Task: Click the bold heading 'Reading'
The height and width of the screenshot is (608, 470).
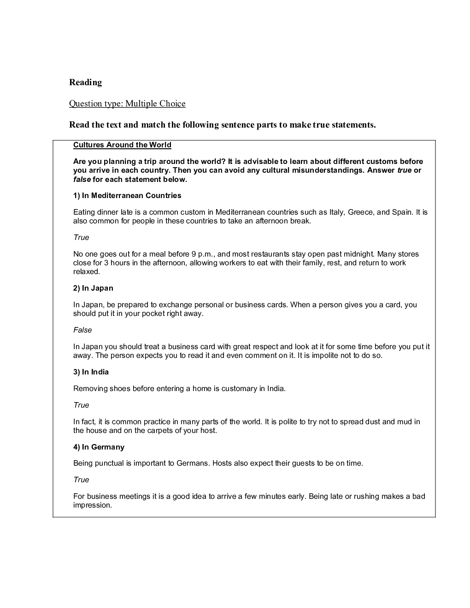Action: pyautogui.click(x=85, y=82)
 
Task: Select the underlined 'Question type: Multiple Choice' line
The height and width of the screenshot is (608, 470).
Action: pyautogui.click(x=127, y=104)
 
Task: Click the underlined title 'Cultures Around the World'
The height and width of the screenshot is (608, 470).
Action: pyautogui.click(x=122, y=145)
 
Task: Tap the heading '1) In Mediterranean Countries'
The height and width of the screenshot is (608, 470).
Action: pyautogui.click(x=127, y=196)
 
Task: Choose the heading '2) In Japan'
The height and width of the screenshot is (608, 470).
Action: pyautogui.click(x=93, y=288)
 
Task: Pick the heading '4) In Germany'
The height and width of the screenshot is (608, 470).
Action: pyautogui.click(x=99, y=447)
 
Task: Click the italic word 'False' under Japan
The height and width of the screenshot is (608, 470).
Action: pyautogui.click(x=82, y=330)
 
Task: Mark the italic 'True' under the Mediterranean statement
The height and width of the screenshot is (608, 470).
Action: pyautogui.click(x=81, y=238)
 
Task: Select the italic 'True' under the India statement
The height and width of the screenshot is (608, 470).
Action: pyautogui.click(x=81, y=405)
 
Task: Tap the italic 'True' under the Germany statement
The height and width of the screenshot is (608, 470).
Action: pyautogui.click(x=81, y=480)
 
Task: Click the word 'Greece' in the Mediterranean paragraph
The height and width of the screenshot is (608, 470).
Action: pyautogui.click(x=360, y=212)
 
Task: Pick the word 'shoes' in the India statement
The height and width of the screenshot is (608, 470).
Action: pyautogui.click(x=120, y=389)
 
